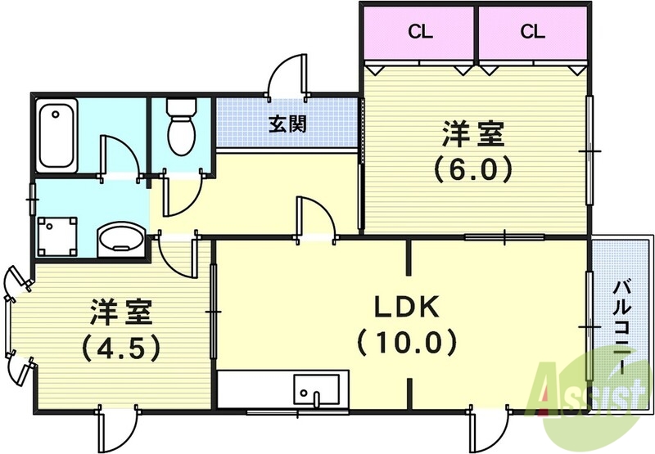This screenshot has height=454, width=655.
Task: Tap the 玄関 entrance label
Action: (x=287, y=124)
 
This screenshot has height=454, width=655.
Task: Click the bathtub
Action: (x=57, y=135)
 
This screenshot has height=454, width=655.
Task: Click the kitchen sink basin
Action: (x=315, y=389)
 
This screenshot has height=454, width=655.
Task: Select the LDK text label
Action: (x=407, y=308)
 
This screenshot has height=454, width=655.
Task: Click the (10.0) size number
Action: (x=406, y=341)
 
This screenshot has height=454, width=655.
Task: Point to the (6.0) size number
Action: (x=473, y=169)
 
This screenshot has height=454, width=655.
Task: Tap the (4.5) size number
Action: (x=120, y=347)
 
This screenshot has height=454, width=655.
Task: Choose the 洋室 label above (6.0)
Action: (x=473, y=133)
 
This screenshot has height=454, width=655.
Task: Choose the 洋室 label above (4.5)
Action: (x=120, y=312)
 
